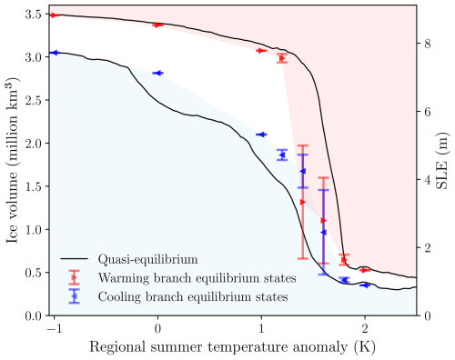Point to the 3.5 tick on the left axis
click(x=33, y=15)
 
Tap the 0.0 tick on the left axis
click(x=33, y=315)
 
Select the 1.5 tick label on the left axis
click(x=33, y=186)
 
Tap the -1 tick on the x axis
click(x=54, y=327)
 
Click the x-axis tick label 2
click(x=365, y=327)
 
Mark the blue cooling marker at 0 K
click(x=157, y=73)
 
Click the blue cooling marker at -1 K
click(x=54, y=53)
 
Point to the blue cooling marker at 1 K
click(x=260, y=135)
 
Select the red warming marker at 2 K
click(x=366, y=270)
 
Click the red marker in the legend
click(x=74, y=277)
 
